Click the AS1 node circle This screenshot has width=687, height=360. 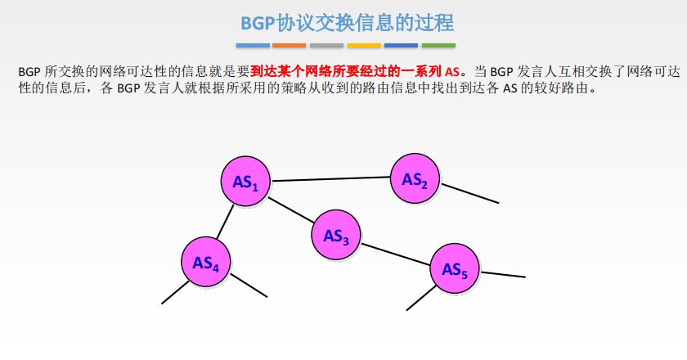[x=245, y=181]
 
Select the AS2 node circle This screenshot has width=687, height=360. [x=415, y=178]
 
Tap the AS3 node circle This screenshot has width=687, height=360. [x=336, y=235]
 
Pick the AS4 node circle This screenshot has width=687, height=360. [x=206, y=262]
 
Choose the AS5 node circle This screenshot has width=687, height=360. [x=455, y=268]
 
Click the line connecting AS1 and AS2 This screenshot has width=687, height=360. [x=330, y=179]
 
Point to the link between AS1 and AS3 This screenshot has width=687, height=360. [x=291, y=210]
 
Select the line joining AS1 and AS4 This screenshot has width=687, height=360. [x=225, y=222]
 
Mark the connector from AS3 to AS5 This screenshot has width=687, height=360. [x=396, y=254]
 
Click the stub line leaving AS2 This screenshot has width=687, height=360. [x=469, y=193]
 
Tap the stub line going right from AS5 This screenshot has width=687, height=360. [x=502, y=274]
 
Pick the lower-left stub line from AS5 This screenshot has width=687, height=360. [x=421, y=298]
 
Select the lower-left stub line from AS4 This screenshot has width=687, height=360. [x=176, y=292]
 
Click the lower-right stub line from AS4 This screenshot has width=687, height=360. [x=249, y=286]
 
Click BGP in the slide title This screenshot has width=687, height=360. [x=258, y=23]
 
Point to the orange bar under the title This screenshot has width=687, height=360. [x=290, y=45]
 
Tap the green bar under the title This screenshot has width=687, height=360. [x=438, y=45]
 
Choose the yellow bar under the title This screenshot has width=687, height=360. [x=364, y=45]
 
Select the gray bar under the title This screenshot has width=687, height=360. [x=327, y=45]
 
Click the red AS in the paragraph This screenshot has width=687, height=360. [x=452, y=72]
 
